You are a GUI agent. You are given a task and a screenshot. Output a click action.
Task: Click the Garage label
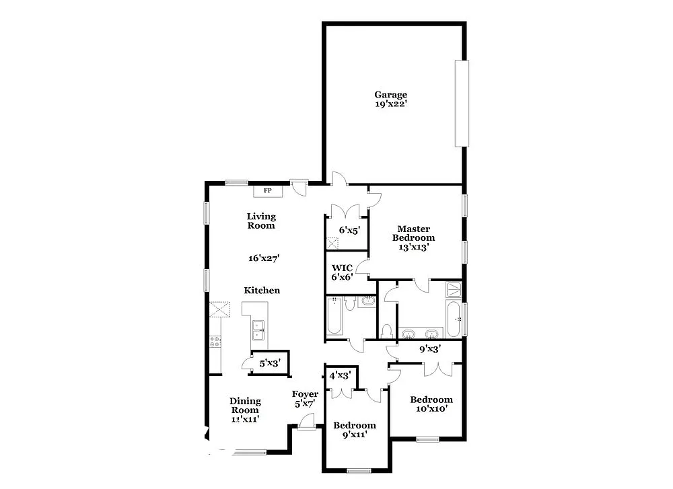click(391, 95)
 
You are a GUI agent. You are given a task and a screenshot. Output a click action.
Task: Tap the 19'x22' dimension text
click(391, 104)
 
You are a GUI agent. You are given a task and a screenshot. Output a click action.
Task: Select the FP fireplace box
click(267, 191)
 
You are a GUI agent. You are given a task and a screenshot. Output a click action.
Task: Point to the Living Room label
click(261, 221)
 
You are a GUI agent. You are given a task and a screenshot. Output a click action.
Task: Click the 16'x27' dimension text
click(263, 258)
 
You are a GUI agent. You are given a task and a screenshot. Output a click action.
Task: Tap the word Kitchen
click(262, 291)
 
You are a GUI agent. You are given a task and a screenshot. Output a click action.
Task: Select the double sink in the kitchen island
click(259, 329)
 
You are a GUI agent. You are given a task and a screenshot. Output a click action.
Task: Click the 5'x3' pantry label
click(269, 363)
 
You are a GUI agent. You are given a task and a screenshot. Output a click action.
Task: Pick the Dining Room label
click(245, 406)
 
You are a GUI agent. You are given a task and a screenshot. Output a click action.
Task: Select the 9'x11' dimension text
click(355, 435)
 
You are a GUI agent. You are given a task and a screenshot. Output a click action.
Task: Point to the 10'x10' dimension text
click(431, 408)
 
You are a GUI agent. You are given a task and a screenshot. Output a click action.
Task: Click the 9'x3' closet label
click(430, 349)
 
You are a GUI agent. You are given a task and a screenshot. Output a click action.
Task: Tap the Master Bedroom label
click(414, 233)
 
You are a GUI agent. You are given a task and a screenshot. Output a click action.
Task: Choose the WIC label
click(343, 268)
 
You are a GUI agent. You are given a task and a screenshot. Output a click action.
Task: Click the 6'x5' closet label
click(349, 230)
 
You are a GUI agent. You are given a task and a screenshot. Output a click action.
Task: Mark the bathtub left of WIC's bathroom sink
click(335, 317)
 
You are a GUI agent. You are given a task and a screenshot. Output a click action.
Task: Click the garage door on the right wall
click(461, 103)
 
